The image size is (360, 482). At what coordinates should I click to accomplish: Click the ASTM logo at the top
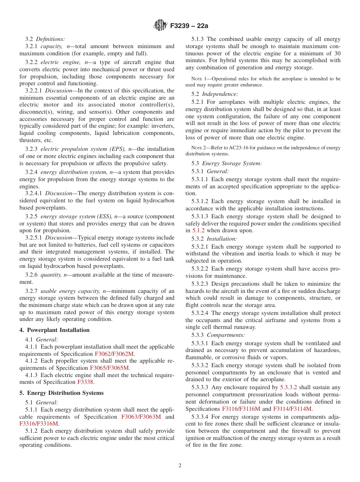[160, 25]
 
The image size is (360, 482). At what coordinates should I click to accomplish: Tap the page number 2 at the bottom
[180, 466]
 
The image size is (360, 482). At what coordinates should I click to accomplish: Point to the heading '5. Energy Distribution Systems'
[61, 393]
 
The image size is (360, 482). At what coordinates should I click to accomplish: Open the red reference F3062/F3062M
[114, 354]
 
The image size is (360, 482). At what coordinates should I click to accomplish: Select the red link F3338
[85, 382]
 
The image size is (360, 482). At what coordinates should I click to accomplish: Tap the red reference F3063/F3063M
[141, 417]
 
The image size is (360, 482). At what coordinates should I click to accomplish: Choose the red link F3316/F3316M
[39, 424]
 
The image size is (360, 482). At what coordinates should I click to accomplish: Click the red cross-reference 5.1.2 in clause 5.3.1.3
[199, 230]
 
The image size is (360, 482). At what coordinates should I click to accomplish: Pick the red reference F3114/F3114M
[292, 409]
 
